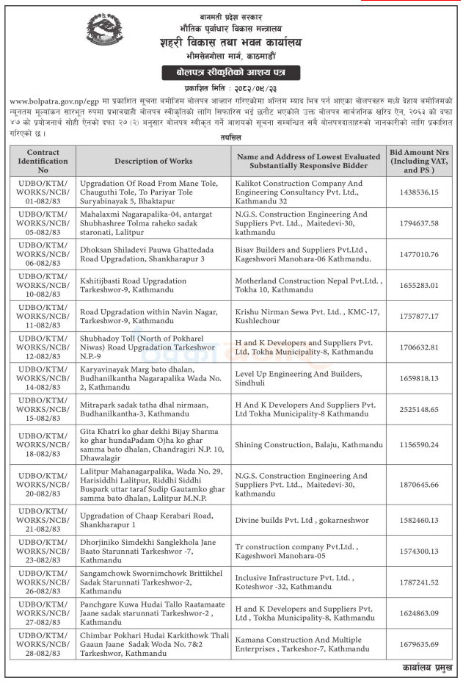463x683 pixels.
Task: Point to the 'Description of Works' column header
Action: pyautogui.click(x=153, y=161)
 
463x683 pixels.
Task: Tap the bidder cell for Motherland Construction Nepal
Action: pyautogui.click(x=308, y=285)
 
